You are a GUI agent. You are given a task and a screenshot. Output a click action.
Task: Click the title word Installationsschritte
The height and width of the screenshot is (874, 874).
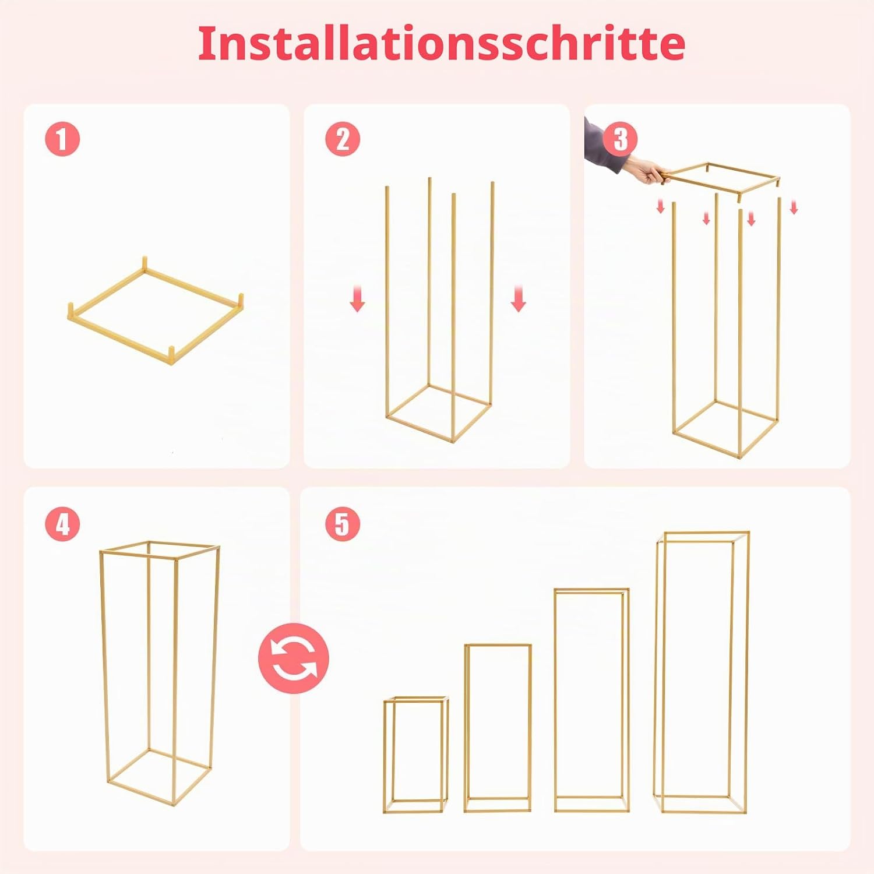coord(441,44)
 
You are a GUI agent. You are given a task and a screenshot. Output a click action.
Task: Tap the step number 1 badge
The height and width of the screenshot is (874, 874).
coord(62,139)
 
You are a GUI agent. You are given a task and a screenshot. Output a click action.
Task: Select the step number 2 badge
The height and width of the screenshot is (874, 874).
coord(343,139)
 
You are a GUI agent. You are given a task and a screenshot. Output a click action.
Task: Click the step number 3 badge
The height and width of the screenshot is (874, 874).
coord(621,139)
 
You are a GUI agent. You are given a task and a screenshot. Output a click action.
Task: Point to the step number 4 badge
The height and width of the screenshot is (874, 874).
coord(62,524)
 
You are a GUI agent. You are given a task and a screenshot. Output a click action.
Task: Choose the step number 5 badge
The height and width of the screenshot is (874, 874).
coord(343,524)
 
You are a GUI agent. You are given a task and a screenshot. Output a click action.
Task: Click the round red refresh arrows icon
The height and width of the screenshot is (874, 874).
coord(294,658)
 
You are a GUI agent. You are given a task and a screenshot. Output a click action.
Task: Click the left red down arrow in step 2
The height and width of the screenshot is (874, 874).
coord(357,298)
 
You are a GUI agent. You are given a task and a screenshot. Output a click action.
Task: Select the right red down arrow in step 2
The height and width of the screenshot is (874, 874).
coord(518,298)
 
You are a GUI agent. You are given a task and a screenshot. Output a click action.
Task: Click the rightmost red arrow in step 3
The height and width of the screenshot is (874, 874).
coord(794,207)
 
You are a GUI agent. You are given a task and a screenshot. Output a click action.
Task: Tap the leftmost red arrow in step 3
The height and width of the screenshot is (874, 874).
coord(661,206)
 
